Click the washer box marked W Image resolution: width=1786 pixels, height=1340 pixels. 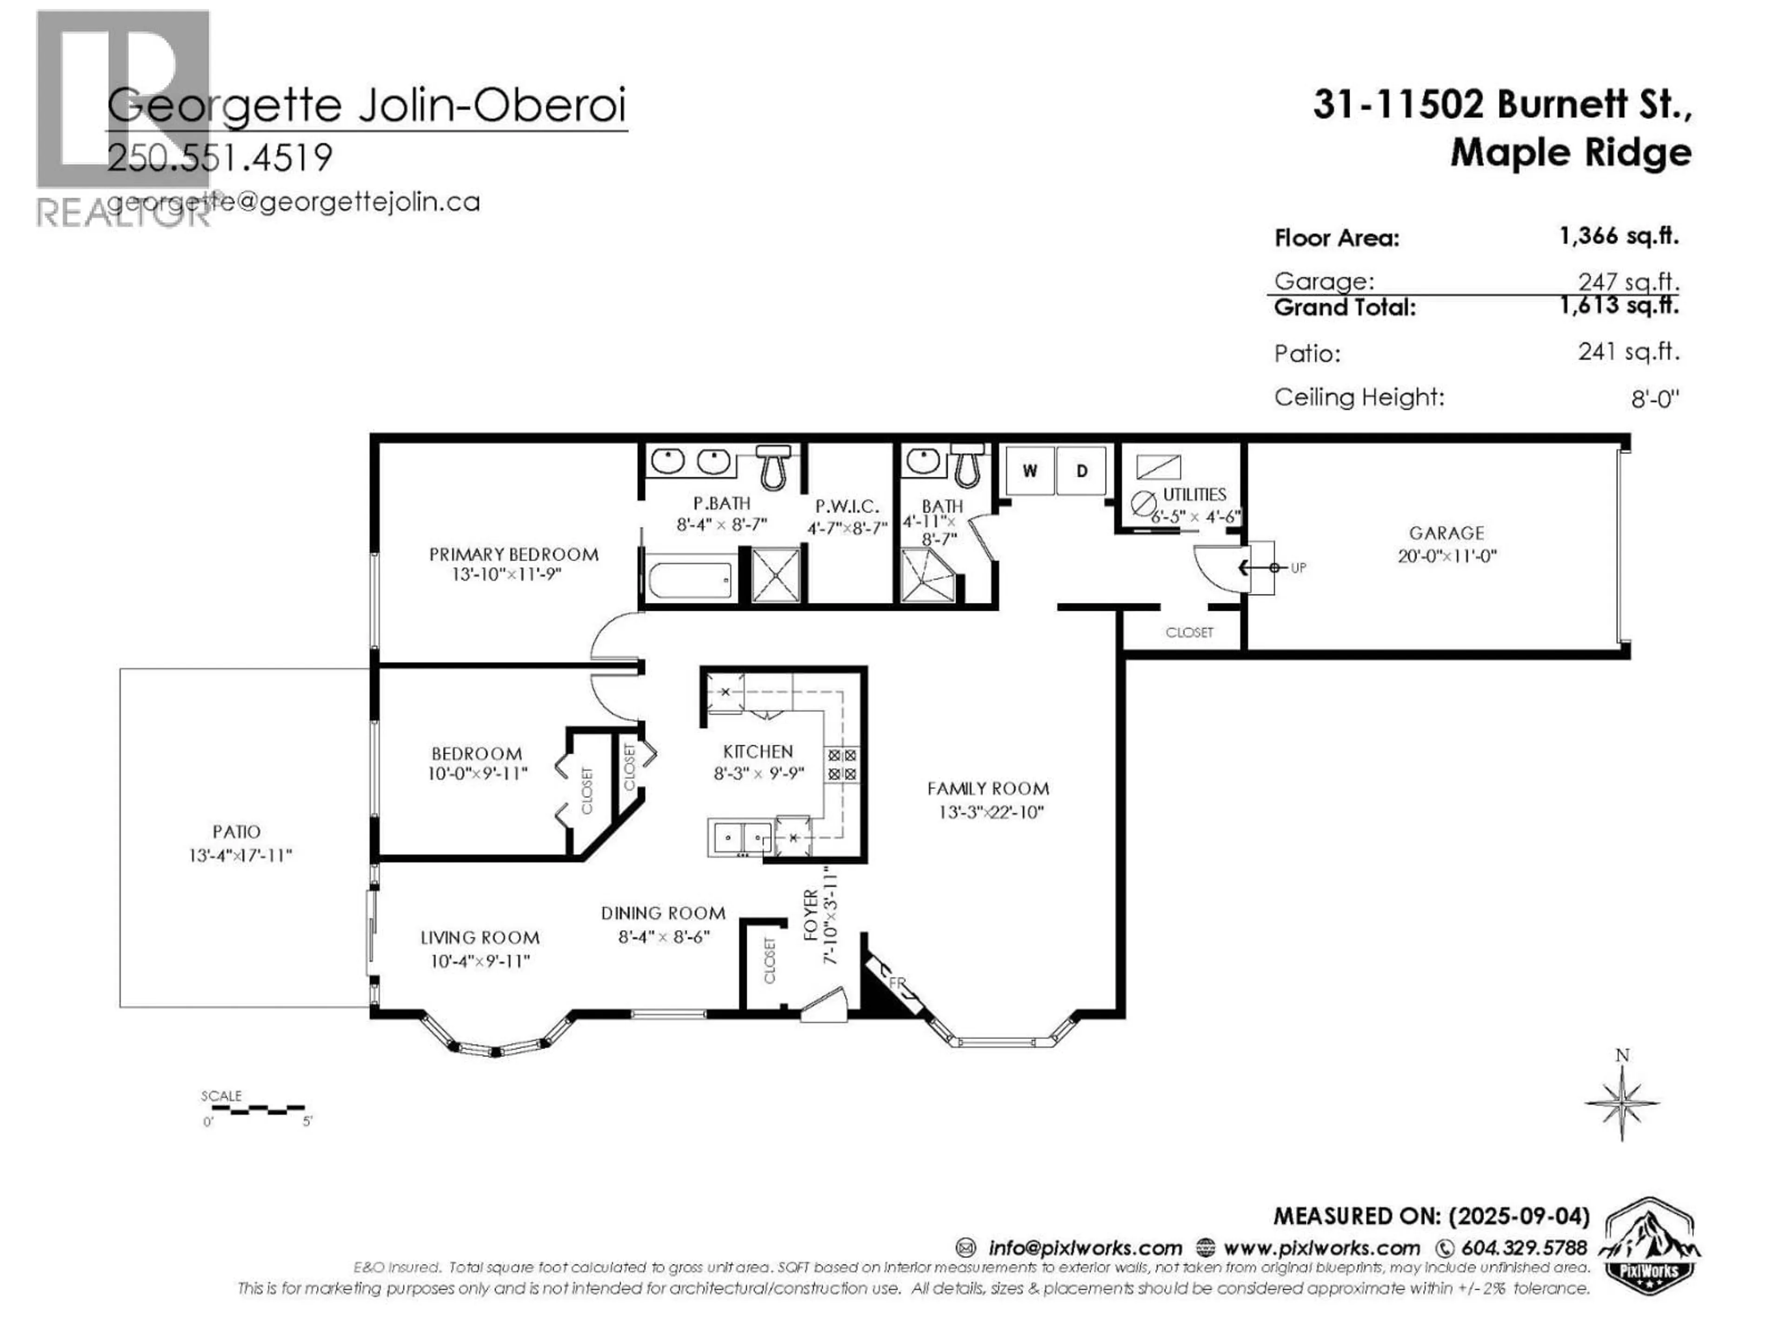1029,471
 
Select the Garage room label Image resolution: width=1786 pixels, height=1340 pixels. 1446,533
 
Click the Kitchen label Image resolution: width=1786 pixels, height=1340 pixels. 757,751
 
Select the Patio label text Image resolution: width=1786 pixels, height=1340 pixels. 237,831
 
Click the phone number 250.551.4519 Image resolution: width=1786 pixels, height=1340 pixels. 220,158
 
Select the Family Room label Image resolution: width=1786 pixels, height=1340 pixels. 987,788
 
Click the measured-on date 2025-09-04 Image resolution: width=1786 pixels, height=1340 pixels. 1519,1216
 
